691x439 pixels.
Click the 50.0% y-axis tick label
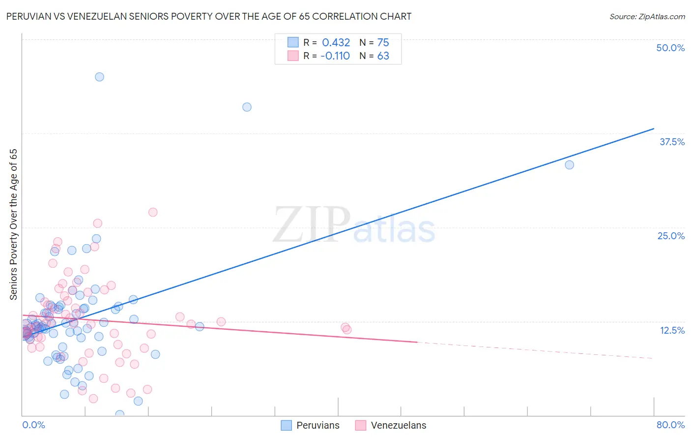tap(670, 48)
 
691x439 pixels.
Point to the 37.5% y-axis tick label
tap(672, 142)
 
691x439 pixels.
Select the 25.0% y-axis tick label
tap(671, 236)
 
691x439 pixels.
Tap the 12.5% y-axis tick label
tap(672, 330)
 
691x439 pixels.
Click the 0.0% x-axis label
tap(33, 425)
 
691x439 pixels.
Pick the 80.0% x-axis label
tap(670, 425)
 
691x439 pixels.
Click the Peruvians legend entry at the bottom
tap(317, 425)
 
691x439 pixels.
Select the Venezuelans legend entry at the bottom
tap(398, 425)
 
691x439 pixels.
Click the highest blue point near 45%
tap(99, 77)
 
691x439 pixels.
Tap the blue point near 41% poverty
tap(247, 107)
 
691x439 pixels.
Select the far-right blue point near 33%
tap(569, 165)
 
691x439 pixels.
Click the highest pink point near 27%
tap(153, 212)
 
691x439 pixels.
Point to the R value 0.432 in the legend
tap(336, 43)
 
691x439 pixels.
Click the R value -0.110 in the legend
tap(335, 56)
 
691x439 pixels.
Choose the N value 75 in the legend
tap(383, 43)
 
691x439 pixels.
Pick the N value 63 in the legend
tap(383, 56)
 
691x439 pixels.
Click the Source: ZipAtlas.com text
tap(647, 16)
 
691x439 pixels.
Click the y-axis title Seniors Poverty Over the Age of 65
tap(14, 224)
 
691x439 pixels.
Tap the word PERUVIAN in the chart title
tap(29, 16)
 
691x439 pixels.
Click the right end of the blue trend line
tap(654, 128)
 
